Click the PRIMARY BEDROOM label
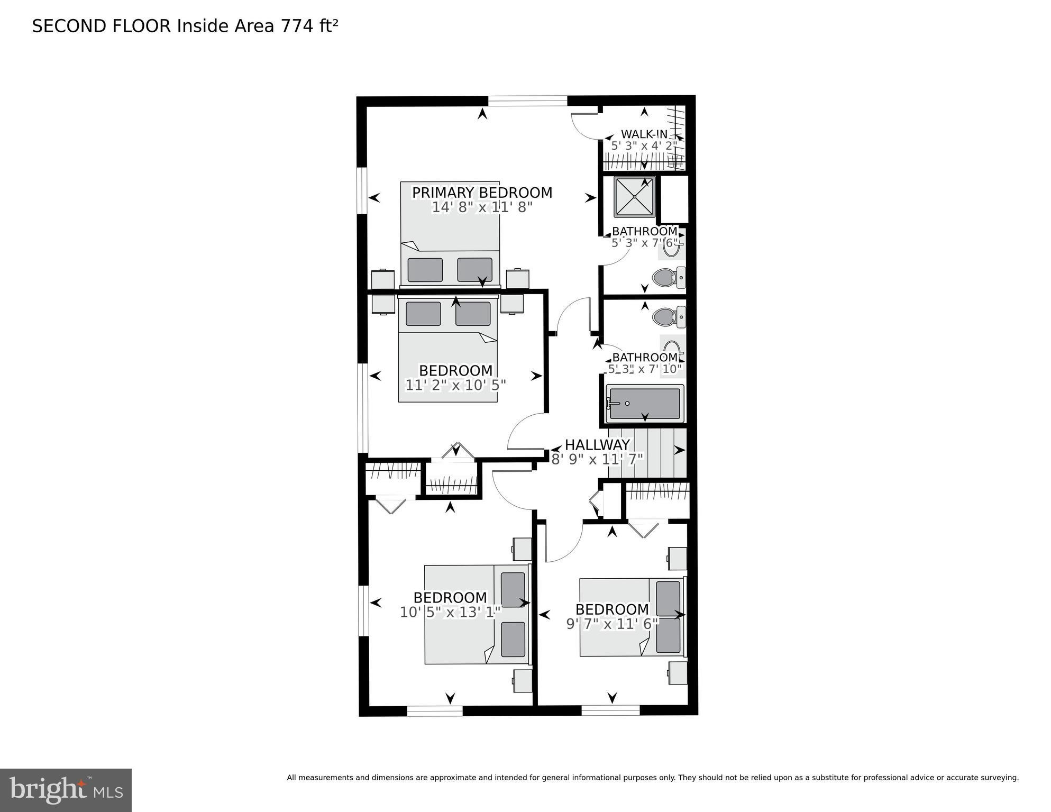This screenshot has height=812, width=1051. [x=482, y=193]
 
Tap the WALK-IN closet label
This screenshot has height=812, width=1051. [x=644, y=134]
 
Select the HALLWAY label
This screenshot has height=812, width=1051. [x=597, y=444]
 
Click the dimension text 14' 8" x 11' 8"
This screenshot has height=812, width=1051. [x=482, y=207]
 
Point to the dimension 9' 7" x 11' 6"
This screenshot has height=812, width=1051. [x=612, y=624]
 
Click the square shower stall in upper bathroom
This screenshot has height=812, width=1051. [x=634, y=197]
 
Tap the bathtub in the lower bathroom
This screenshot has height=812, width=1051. [x=644, y=404]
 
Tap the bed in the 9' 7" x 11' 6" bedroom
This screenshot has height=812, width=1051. [x=632, y=617]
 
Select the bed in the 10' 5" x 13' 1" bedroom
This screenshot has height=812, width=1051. [x=477, y=614]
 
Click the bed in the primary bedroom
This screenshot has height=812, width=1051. [x=450, y=233]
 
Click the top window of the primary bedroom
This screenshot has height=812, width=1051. [x=527, y=101]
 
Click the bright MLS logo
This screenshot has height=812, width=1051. [x=66, y=790]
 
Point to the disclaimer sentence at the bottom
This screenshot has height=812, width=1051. [x=652, y=778]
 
